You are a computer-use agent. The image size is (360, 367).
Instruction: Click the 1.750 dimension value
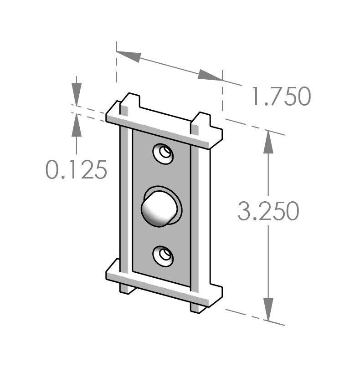[x=281, y=97]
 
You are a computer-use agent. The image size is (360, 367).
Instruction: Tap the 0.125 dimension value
[x=77, y=170]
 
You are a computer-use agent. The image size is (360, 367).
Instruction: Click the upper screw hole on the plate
[x=163, y=153]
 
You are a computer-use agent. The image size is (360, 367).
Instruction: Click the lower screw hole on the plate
[x=163, y=255]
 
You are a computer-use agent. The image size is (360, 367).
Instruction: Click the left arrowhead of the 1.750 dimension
[x=128, y=56]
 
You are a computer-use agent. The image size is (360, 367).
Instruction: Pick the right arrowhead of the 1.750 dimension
[x=210, y=76]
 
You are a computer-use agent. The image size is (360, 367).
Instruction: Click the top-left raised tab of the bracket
[x=129, y=102]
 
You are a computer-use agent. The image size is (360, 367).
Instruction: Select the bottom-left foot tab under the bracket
[x=127, y=288]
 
